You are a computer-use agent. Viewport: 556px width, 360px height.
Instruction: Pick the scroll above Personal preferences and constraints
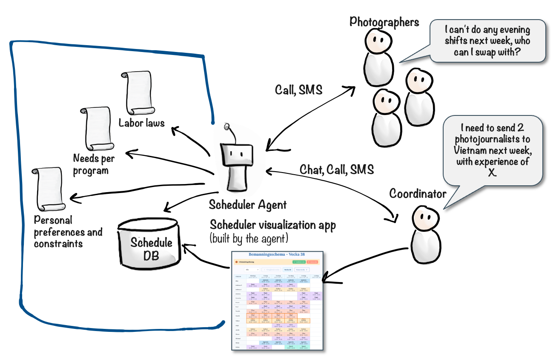49,190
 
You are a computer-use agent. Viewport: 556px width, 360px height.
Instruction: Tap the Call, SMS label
298,89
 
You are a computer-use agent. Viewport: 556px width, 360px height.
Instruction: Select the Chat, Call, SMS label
337,169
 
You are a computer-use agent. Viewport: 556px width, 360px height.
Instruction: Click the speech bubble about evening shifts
487,41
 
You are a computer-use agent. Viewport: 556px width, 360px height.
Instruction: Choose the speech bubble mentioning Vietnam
493,151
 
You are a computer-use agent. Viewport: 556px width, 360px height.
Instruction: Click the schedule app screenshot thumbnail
277,300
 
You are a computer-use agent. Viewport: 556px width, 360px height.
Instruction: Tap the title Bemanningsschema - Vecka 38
277,254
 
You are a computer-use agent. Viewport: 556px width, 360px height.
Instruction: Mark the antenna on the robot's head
227,127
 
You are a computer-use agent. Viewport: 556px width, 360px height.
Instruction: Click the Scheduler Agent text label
247,205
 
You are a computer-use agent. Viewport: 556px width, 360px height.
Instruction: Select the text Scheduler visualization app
272,225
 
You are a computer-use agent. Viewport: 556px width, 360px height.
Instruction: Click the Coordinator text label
418,194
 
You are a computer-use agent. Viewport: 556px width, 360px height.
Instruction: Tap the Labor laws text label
141,123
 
